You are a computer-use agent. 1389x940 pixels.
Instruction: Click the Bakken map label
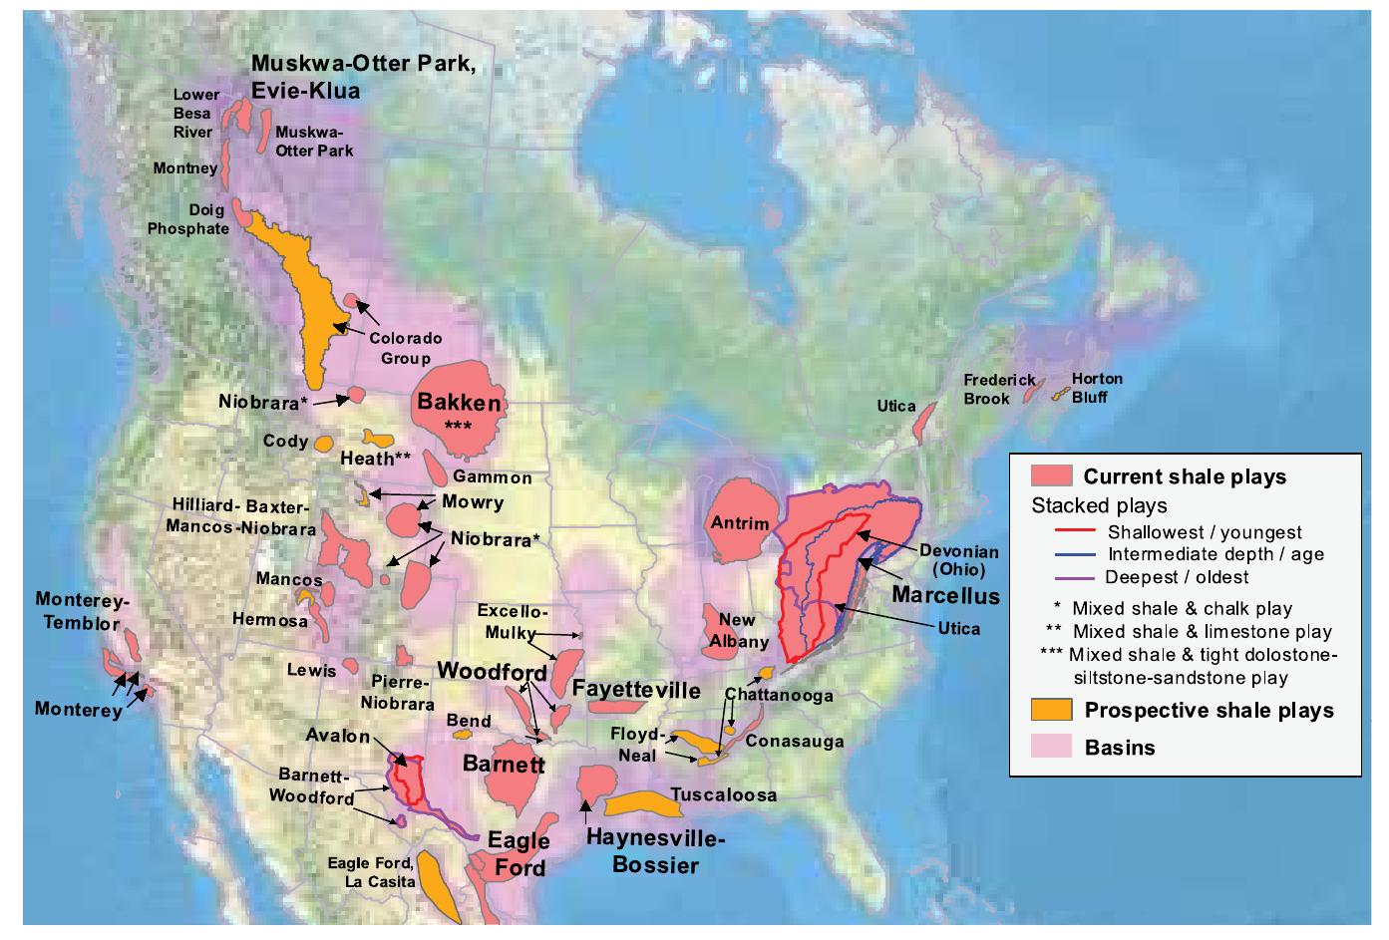pos(459,403)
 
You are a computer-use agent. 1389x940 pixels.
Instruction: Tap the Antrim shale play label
pos(739,523)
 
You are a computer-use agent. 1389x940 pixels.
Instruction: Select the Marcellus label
pos(945,595)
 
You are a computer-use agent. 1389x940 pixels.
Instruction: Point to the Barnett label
pos(504,765)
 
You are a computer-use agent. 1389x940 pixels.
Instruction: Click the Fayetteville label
pos(636,689)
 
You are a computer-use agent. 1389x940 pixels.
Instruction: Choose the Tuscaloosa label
pos(723,794)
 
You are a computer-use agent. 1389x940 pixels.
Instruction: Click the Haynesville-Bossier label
pos(655,850)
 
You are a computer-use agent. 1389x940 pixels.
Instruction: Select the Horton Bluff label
pos(1096,388)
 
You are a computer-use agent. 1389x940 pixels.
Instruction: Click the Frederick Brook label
pos(998,389)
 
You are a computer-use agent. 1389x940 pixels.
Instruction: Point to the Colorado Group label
pos(405,348)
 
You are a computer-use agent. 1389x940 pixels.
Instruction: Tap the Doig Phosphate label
pos(188,219)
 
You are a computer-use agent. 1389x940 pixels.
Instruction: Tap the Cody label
pos(285,441)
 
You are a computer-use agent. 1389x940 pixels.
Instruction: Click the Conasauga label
pos(794,741)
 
